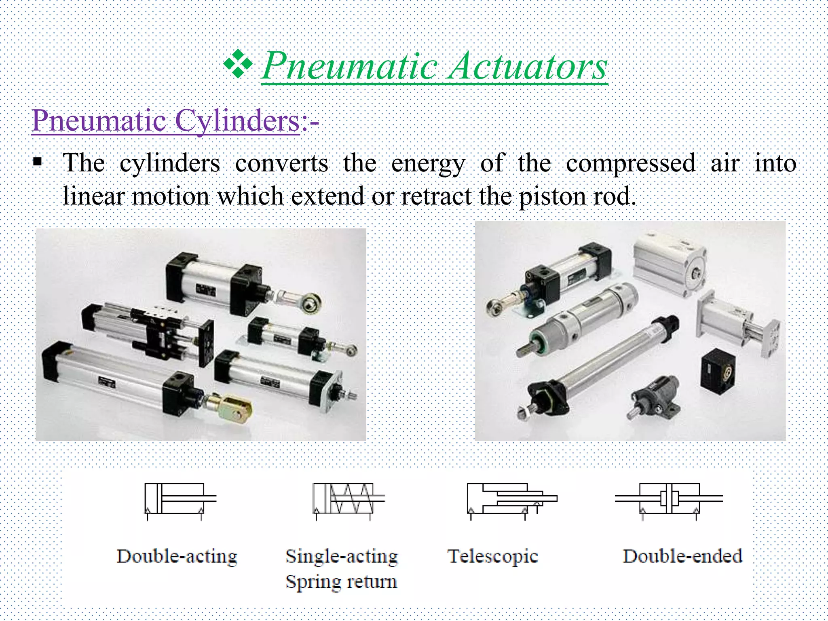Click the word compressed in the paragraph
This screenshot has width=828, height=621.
coord(630,163)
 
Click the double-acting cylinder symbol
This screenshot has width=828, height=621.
coord(180,499)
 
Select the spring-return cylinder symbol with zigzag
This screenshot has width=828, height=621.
coord(348,499)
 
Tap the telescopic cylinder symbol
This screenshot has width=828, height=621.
coord(511,499)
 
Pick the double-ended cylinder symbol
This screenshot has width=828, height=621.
coord(669,499)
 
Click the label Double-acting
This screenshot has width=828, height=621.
coord(177,556)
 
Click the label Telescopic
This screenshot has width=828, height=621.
coord(493,556)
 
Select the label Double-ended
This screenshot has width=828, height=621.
coord(682,556)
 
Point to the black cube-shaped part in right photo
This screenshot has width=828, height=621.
coord(718,372)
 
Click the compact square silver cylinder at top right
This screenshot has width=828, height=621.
coord(669,265)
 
